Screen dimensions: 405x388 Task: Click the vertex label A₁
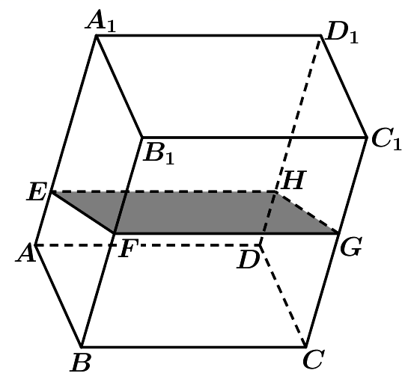[101, 21]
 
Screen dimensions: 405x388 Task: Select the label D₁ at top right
[342, 33]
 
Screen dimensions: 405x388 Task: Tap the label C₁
[387, 140]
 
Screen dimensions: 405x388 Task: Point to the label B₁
[159, 153]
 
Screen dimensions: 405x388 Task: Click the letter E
[37, 191]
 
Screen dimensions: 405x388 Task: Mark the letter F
[129, 248]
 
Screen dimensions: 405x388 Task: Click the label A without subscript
[26, 253]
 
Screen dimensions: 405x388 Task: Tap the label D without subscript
[248, 259]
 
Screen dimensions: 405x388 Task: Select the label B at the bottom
[80, 363]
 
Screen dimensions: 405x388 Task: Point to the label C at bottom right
[314, 359]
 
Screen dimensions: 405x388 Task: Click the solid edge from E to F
[82, 212]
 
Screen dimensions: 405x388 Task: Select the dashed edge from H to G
[308, 212]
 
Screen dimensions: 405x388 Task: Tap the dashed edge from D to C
[283, 295]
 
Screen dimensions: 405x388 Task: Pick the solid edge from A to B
[58, 295]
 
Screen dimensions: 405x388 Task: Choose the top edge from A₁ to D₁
[208, 35]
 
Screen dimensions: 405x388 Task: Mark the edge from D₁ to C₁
[344, 86]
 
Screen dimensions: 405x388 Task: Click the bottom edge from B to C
[194, 347]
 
